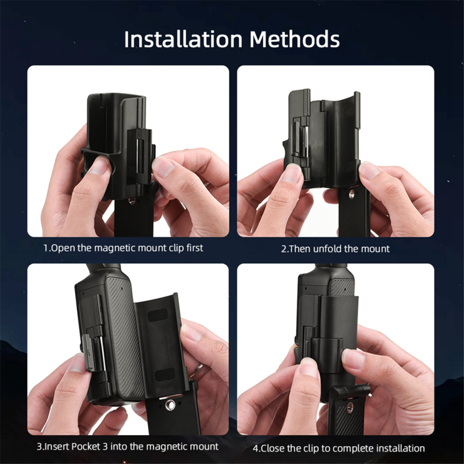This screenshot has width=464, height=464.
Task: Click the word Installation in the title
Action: point(183,39)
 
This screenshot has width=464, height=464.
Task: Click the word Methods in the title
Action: point(295,39)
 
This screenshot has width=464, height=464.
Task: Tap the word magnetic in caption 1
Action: point(115,248)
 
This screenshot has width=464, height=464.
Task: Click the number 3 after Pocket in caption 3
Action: point(105,446)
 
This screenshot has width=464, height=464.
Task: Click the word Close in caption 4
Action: point(273,449)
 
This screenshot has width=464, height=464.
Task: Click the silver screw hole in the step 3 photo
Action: point(170,404)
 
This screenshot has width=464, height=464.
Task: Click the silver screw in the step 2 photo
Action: point(352,194)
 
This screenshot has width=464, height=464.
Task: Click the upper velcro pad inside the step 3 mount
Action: point(158,315)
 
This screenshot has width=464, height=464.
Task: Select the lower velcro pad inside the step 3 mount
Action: point(165,374)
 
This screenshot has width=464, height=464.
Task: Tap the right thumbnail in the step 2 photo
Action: point(369,171)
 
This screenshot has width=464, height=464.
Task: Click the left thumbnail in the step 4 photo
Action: point(308,367)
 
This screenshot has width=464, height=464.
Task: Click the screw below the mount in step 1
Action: point(132,201)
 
